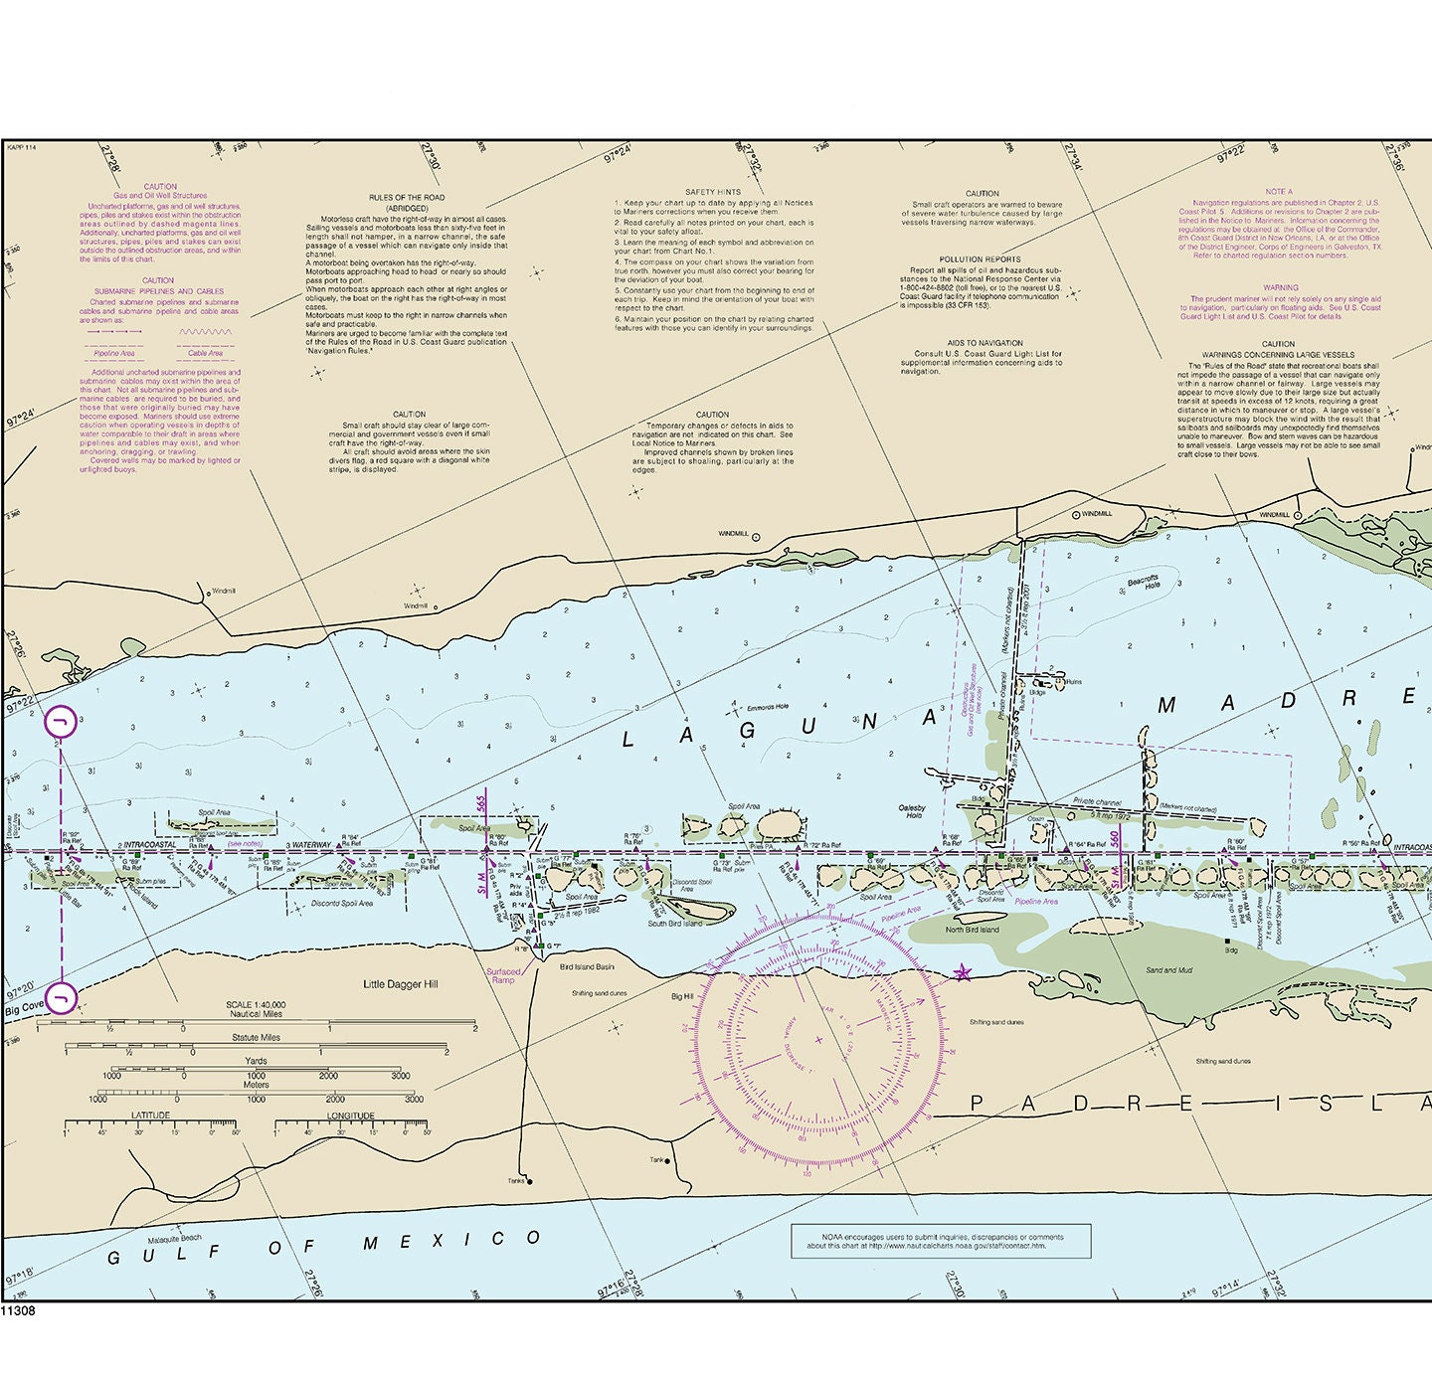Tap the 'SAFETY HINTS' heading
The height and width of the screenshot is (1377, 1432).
(712, 192)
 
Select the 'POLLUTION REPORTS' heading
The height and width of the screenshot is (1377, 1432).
(980, 259)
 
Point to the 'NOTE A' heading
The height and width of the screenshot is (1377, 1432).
(1279, 192)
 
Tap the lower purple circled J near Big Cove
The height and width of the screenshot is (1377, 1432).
(61, 997)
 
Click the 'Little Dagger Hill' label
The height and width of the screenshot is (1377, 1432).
(400, 984)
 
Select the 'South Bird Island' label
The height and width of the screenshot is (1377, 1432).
(675, 924)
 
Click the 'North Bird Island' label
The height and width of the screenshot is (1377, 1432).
(972, 930)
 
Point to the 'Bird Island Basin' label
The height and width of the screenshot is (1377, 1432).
(587, 966)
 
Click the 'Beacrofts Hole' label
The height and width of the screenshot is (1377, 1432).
(1143, 583)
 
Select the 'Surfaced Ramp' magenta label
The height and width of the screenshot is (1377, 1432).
(503, 975)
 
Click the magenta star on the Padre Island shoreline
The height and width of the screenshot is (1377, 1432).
(962, 972)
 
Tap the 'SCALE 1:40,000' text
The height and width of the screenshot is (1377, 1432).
(256, 1005)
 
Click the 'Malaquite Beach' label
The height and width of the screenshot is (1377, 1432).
(174, 1239)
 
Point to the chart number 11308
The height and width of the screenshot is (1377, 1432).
(18, 1311)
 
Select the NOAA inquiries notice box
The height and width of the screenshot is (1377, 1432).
(941, 1241)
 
